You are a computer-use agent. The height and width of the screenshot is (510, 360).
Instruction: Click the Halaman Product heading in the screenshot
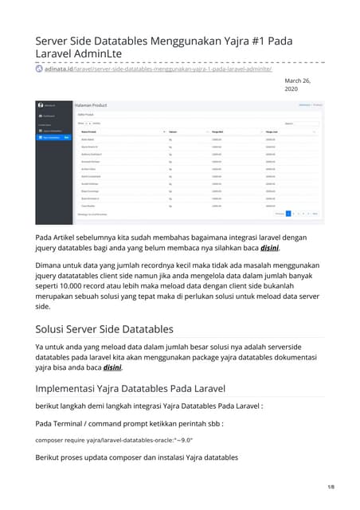[92, 105]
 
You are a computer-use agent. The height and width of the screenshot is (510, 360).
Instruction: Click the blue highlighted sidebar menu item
[55, 137]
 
